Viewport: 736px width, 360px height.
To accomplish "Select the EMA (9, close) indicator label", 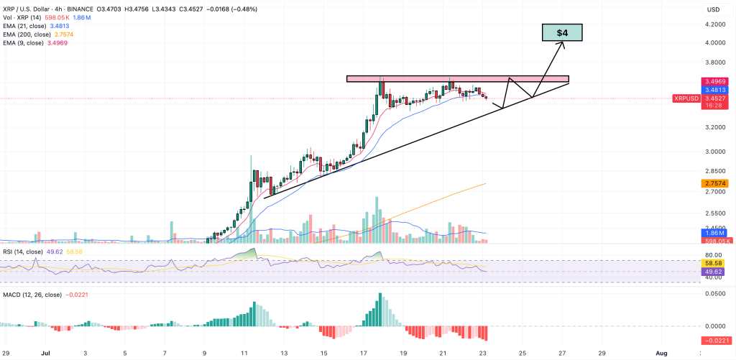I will click(x=29, y=42).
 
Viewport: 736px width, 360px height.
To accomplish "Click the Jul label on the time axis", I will click(x=45, y=354).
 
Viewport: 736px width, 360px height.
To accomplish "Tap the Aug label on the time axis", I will click(x=662, y=354).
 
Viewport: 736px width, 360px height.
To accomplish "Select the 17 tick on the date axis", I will click(x=364, y=354).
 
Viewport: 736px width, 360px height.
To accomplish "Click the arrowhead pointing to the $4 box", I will click(x=562, y=43).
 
